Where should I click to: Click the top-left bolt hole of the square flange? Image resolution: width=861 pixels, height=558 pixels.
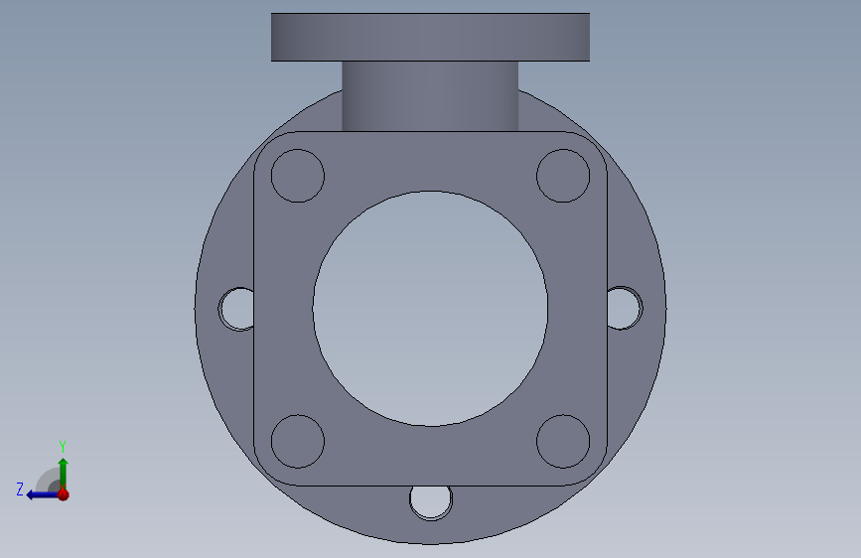[297, 176]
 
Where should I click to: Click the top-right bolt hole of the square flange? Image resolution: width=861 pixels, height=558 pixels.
[563, 176]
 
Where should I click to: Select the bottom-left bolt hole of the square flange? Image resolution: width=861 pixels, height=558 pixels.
[297, 441]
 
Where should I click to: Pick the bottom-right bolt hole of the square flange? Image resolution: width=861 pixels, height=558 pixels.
[563, 441]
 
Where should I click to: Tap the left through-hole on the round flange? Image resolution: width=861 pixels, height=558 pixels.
[238, 308]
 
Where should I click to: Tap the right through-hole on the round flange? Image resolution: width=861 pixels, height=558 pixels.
[623, 308]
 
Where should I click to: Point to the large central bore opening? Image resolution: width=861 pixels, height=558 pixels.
[430, 309]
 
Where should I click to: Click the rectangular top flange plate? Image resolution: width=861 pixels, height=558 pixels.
[430, 37]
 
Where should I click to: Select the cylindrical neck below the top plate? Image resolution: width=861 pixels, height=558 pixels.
[430, 95]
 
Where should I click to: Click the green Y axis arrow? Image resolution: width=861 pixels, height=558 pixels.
[63, 469]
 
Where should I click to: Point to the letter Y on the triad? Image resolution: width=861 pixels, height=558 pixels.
[63, 446]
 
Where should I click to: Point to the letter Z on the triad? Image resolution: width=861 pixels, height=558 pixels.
[19, 488]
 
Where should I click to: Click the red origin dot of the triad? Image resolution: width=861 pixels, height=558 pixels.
[63, 493]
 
